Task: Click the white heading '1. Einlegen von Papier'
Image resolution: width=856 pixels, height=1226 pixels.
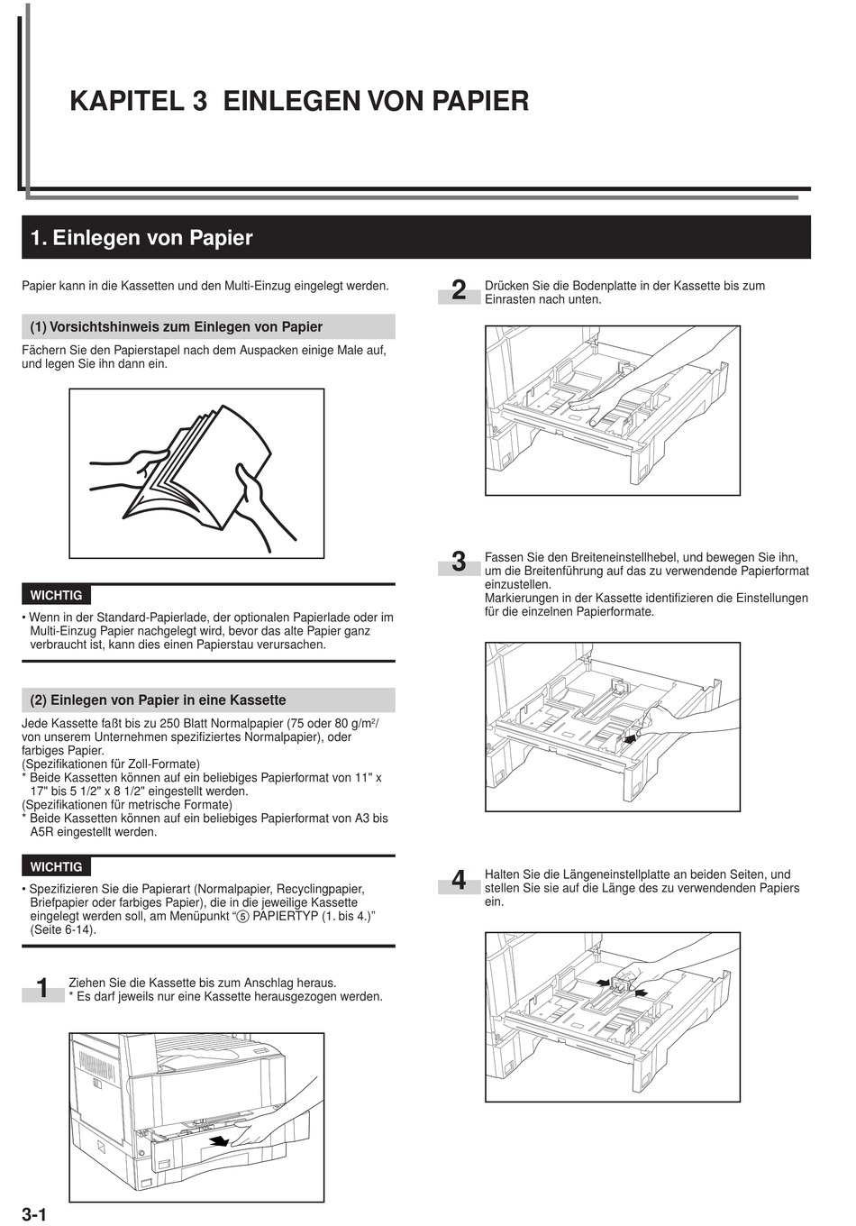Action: coord(141,238)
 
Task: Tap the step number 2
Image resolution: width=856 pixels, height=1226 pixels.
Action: coord(459,291)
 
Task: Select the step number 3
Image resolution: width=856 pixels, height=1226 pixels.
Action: coord(459,563)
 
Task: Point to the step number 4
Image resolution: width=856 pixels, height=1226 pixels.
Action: coord(459,881)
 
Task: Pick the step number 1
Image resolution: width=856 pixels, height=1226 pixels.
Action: coord(42,989)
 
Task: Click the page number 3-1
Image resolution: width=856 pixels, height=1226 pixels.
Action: coord(33,1213)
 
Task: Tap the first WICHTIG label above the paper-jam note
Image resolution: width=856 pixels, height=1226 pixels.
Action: coord(56,595)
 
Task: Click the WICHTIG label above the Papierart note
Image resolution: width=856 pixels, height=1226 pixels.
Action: coord(56,866)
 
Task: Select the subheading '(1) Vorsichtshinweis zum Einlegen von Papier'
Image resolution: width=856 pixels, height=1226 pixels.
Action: coord(177,326)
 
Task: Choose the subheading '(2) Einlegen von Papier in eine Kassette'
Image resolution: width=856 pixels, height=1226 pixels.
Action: coord(159,700)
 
